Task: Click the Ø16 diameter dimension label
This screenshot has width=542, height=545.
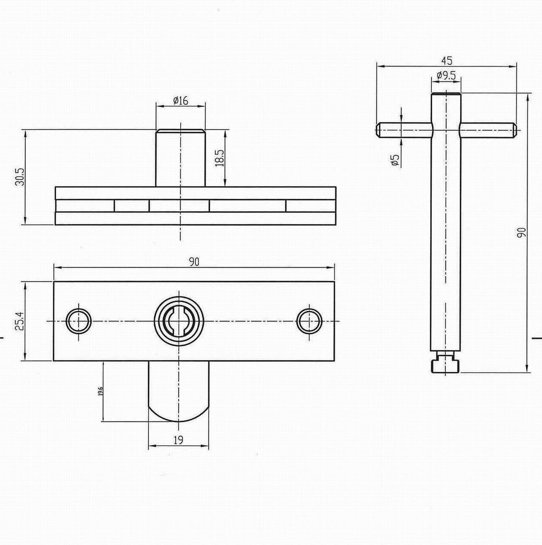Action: (x=180, y=100)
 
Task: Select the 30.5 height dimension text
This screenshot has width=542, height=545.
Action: (x=20, y=177)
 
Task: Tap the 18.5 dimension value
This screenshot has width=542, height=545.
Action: (x=220, y=158)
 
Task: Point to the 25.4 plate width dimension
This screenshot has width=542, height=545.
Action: (x=20, y=321)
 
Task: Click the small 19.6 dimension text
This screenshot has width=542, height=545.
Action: (x=100, y=391)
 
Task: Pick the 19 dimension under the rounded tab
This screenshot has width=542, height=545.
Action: (x=178, y=440)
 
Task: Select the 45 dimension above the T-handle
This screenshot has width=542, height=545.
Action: (x=447, y=61)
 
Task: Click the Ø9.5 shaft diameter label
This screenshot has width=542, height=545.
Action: (x=446, y=75)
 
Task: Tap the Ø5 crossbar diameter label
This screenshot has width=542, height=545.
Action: (x=395, y=160)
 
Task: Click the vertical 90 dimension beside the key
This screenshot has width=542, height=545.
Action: (x=521, y=232)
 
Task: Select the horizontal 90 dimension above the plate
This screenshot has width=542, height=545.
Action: (x=194, y=262)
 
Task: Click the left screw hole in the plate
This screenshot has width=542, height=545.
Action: (x=79, y=321)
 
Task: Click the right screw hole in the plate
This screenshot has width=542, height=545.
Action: (x=309, y=321)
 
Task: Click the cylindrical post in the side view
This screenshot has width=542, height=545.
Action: (x=180, y=158)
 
